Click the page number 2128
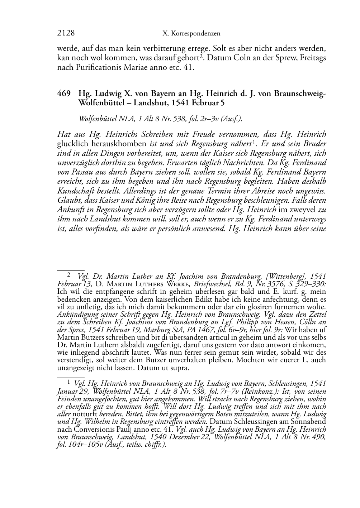pos(66,33)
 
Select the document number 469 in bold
pos(63,94)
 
